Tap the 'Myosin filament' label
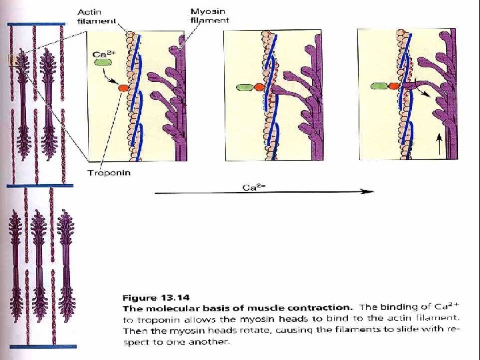pyautogui.click(x=209, y=16)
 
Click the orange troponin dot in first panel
pyautogui.click(x=123, y=87)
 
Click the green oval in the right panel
pyautogui.click(x=379, y=86)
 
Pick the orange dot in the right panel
pyautogui.click(x=393, y=86)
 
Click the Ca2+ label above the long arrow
pyautogui.click(x=251, y=187)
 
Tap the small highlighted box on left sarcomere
pyautogui.click(x=13, y=61)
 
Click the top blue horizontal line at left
pyautogui.click(x=36, y=23)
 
